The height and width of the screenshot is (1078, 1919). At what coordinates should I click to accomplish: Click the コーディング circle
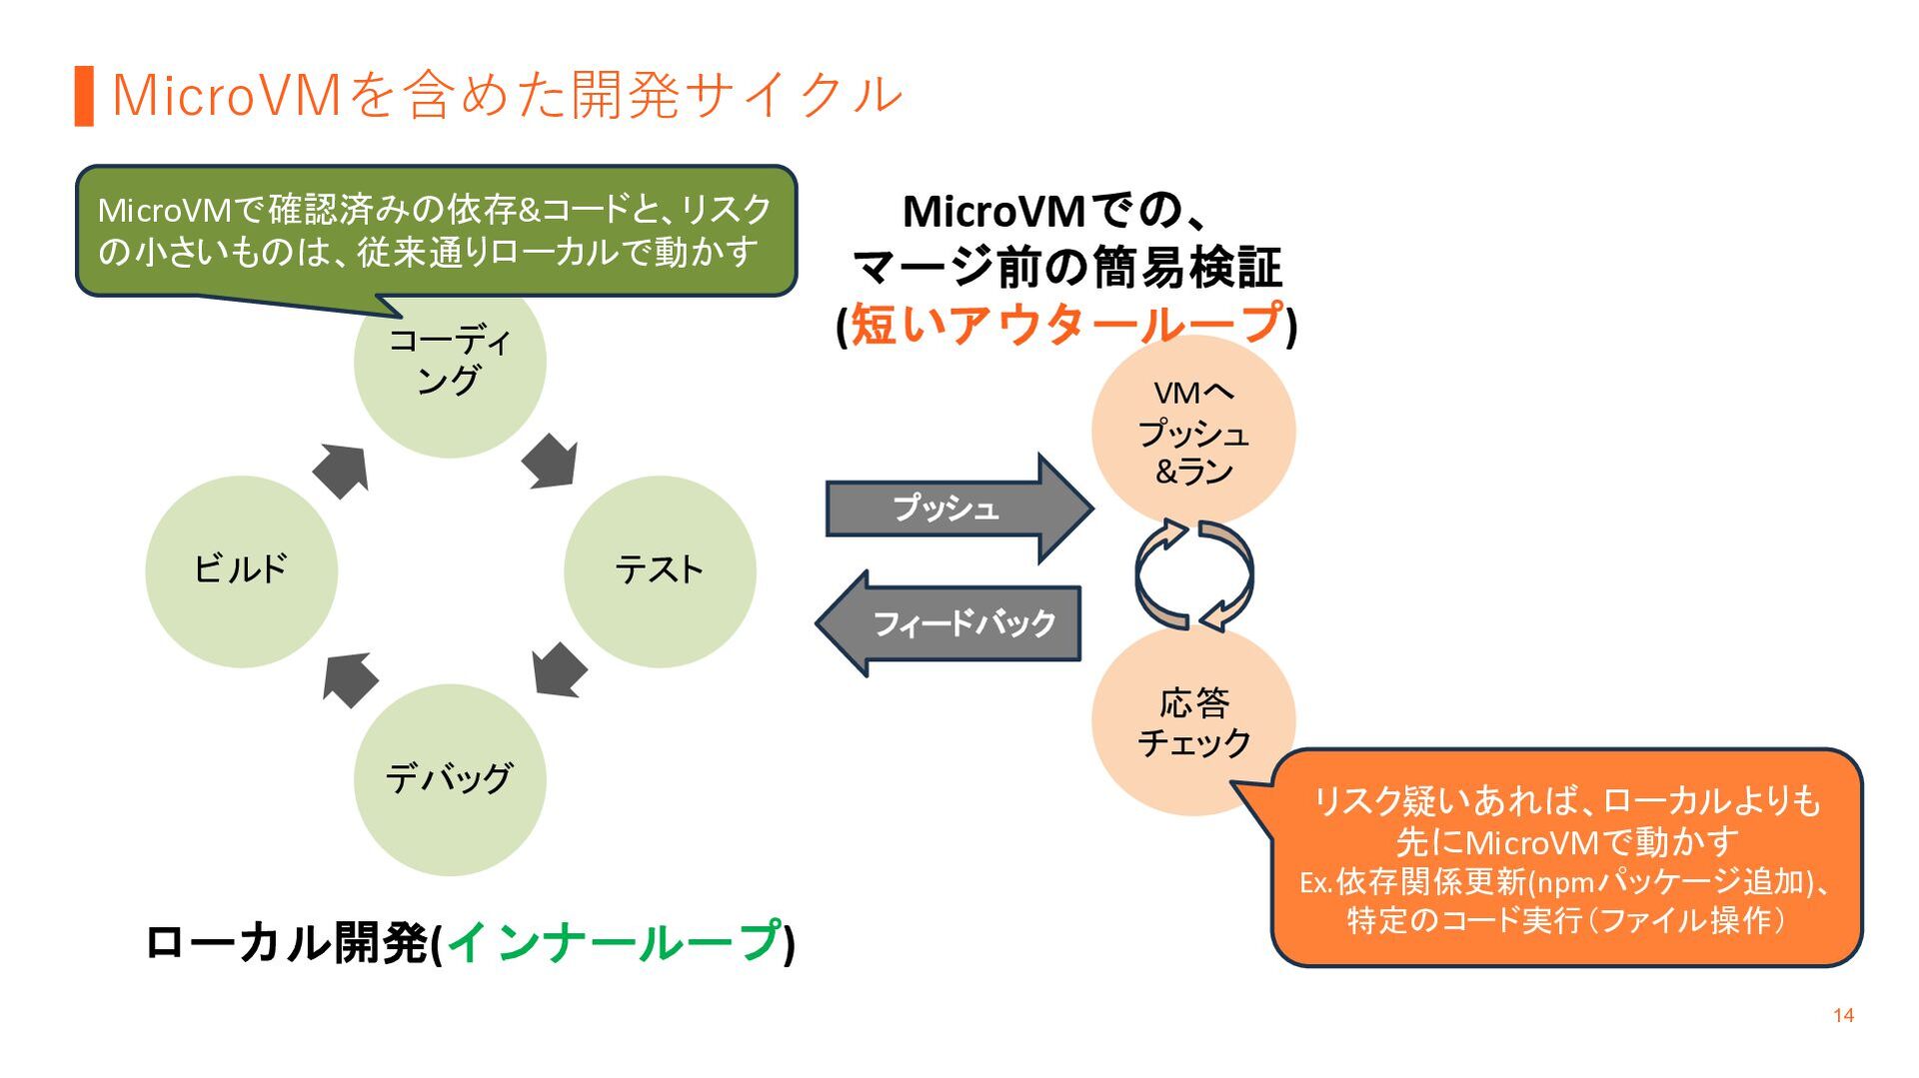[450, 380]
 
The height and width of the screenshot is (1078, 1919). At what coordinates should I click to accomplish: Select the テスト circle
[660, 571]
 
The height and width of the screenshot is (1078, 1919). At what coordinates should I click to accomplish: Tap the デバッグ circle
[450, 780]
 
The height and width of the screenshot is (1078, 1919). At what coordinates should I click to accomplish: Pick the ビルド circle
[241, 571]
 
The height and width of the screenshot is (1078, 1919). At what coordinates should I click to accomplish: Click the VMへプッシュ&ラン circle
[1193, 432]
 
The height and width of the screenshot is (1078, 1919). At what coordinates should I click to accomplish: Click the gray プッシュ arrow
[959, 509]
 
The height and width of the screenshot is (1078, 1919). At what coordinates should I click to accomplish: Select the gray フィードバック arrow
[950, 623]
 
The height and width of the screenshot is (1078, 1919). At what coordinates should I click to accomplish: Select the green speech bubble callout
[437, 231]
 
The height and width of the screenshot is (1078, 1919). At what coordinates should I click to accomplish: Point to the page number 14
[1843, 1015]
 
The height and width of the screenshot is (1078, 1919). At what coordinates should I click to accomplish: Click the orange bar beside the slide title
[84, 96]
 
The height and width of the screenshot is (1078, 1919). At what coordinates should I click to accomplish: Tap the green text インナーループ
[614, 941]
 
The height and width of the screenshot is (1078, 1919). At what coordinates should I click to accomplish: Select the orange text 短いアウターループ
[1066, 325]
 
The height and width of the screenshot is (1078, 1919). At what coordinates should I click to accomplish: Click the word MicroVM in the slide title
[228, 96]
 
